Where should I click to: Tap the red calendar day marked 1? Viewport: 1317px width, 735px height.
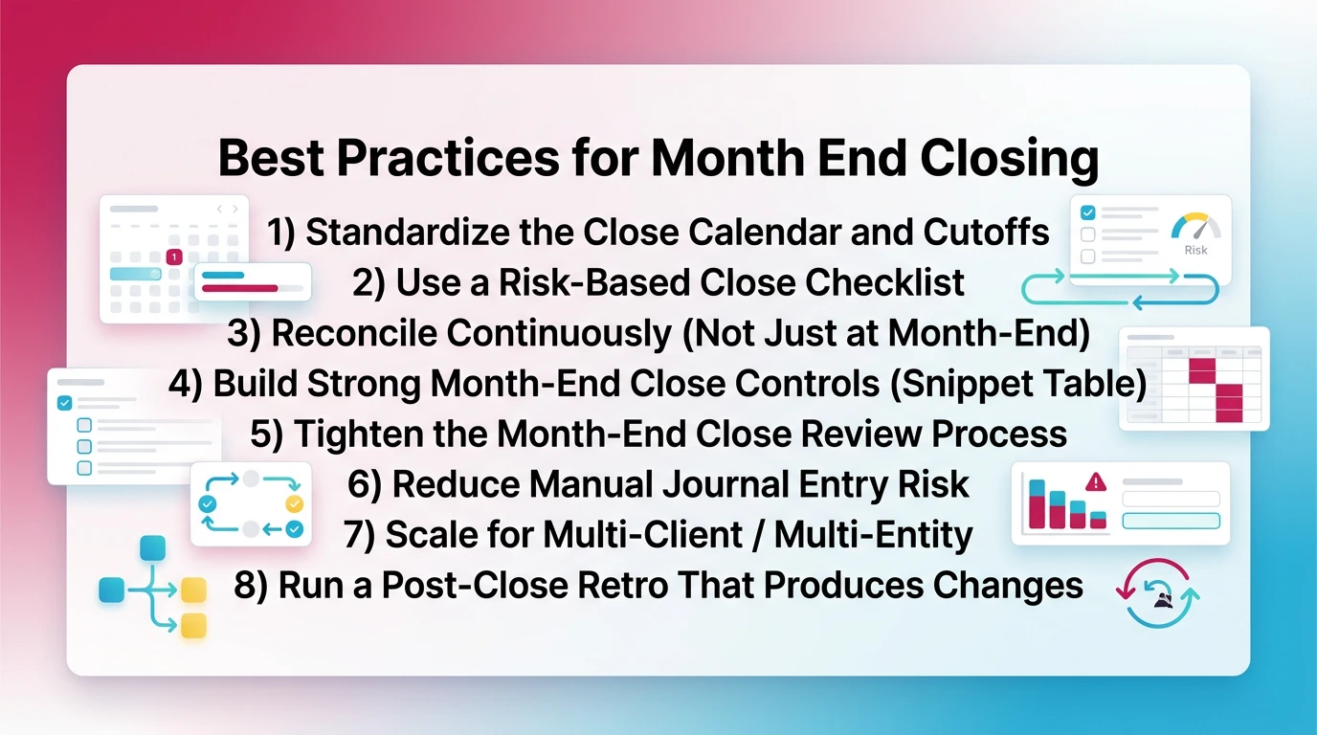174,256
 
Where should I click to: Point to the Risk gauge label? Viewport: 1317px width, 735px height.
1195,251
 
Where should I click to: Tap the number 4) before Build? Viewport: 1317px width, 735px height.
186,383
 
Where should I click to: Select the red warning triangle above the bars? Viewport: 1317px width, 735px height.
1097,481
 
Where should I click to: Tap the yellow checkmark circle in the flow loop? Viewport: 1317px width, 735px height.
294,502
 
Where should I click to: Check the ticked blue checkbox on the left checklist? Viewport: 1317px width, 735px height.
65,403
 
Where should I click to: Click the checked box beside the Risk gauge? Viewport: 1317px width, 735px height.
1087,213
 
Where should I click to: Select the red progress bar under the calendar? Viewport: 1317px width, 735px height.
240,287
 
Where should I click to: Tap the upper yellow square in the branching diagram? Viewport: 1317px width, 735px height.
194,589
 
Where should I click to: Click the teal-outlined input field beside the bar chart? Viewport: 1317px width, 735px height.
1171,521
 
